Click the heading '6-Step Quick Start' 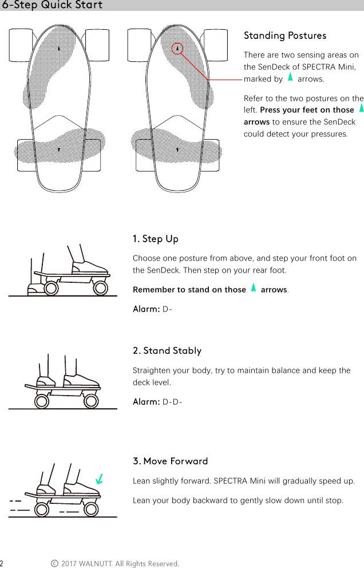(x=52, y=5)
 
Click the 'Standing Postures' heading (x=285, y=35)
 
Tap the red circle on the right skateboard (x=177, y=48)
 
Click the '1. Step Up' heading (x=155, y=238)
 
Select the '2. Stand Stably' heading (x=167, y=350)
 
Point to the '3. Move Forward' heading (x=170, y=462)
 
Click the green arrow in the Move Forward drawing (x=100, y=479)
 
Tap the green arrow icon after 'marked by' (x=290, y=77)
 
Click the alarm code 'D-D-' (x=173, y=402)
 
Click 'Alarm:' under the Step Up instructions (x=146, y=310)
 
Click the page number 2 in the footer (x=2, y=564)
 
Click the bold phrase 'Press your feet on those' (x=307, y=110)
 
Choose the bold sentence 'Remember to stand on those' (x=189, y=290)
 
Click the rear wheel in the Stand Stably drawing (x=42, y=401)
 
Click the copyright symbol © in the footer (x=54, y=564)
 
